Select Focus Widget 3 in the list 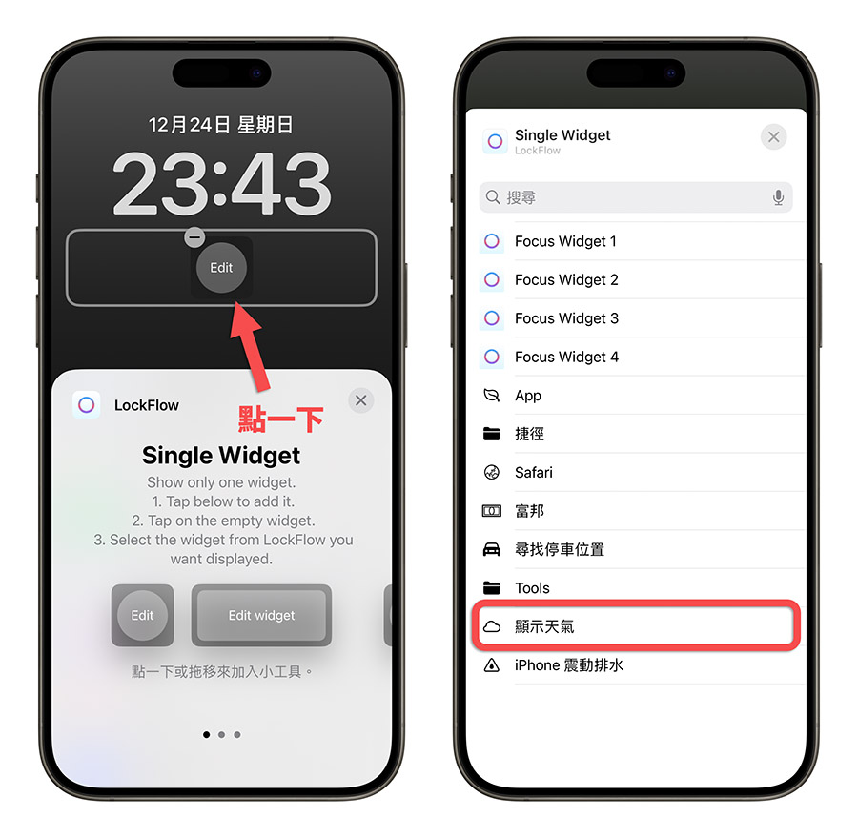(566, 318)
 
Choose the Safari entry (534, 472)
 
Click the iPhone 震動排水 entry (568, 665)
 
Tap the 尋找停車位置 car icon (492, 549)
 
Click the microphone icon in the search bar (778, 197)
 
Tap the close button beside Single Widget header (773, 137)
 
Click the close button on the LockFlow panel (360, 400)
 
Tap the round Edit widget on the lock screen (221, 268)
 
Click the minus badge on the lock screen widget (194, 236)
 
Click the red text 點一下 (280, 419)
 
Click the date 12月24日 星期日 (221, 125)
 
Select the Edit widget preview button (261, 615)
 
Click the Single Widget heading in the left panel (221, 455)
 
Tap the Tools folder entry (532, 588)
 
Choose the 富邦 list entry (529, 511)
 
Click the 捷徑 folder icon (492, 434)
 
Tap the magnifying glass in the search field (493, 197)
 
